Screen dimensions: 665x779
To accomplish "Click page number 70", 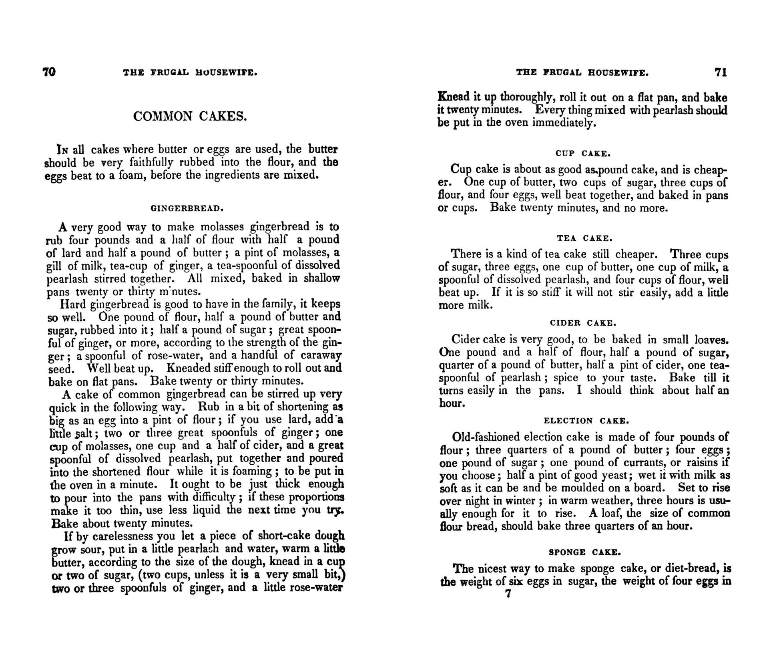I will [x=49, y=72].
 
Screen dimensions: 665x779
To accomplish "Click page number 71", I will [x=721, y=73].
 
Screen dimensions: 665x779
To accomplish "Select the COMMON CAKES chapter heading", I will [x=190, y=117].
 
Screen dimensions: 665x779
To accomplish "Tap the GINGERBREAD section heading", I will [x=187, y=208].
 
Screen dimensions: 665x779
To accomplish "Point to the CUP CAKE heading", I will [x=583, y=153].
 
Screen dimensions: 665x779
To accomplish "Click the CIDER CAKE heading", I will [x=583, y=323].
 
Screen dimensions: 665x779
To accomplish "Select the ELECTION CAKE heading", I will [x=586, y=421].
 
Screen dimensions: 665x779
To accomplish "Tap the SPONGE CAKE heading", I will [x=584, y=552].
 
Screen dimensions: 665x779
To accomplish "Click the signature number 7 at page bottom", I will [x=508, y=594].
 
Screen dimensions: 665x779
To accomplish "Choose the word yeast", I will [x=612, y=476].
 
